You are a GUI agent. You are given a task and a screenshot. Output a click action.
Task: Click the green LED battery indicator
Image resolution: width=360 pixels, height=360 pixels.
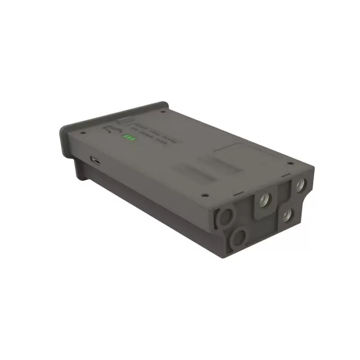[130, 137]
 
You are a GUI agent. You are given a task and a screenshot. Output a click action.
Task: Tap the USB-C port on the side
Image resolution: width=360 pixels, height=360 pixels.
[96, 160]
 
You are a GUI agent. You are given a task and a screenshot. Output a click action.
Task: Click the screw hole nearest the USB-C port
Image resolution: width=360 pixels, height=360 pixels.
[82, 133]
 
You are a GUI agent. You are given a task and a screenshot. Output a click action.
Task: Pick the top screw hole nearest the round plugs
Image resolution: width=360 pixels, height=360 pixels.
[205, 196]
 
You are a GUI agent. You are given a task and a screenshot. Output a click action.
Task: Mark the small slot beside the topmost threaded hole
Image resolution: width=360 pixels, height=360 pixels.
[284, 178]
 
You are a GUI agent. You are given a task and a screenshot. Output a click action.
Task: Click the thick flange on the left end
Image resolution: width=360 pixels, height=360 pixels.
[67, 139]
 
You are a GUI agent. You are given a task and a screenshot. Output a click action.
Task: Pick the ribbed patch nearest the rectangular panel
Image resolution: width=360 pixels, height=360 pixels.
[220, 165]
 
